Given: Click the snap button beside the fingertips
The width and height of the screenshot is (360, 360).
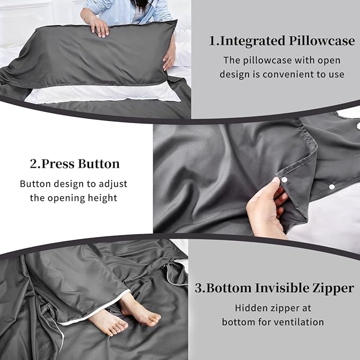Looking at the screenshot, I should [x=284, y=180].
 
